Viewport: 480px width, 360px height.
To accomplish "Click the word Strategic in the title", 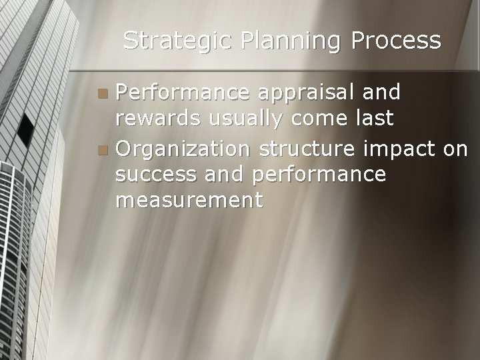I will pos(177,41).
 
